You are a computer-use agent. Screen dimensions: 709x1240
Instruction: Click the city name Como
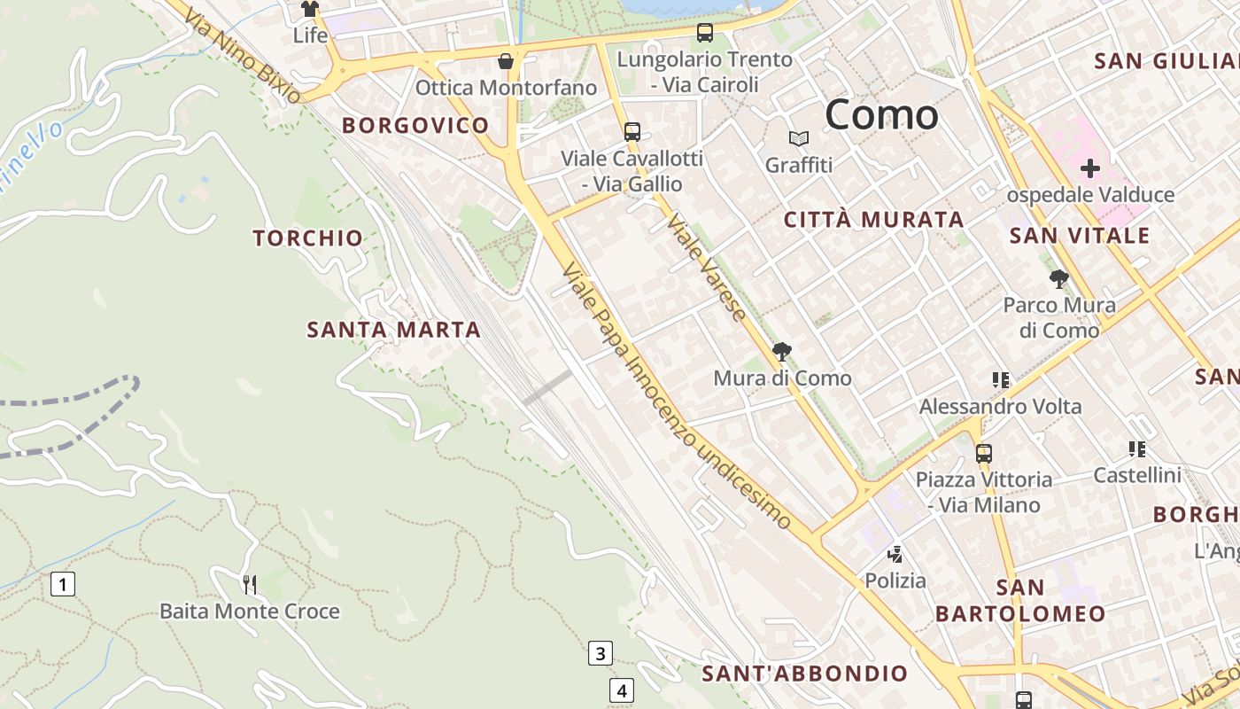[x=881, y=115]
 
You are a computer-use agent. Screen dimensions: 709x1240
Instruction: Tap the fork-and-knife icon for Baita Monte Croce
[x=250, y=584]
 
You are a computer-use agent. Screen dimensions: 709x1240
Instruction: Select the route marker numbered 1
[x=63, y=584]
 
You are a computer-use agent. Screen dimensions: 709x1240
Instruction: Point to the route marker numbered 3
[x=601, y=654]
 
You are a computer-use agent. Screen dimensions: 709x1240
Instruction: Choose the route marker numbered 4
[x=622, y=690]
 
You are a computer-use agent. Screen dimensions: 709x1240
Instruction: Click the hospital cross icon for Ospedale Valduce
[x=1090, y=168]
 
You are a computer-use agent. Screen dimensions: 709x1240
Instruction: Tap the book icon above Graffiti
[x=799, y=139]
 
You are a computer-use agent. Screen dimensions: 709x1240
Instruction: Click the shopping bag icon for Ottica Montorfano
[x=506, y=61]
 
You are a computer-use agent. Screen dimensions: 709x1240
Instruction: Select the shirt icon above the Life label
[x=309, y=10]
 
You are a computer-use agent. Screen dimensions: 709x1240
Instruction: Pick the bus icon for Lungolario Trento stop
[x=705, y=33]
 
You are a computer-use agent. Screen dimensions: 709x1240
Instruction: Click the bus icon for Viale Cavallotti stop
[x=632, y=132]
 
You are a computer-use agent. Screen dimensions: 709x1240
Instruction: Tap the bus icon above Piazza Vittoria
[x=984, y=454]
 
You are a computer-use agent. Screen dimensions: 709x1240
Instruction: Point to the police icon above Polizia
[x=895, y=555]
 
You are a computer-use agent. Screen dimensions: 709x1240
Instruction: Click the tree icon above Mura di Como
[x=782, y=352]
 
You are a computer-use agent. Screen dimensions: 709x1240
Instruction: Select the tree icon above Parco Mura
[x=1058, y=279]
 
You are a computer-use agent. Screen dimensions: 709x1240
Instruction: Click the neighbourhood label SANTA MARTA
[x=393, y=330]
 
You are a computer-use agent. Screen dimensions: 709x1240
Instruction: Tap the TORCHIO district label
[x=308, y=238]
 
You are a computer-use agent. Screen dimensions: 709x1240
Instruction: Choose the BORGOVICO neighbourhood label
[x=415, y=125]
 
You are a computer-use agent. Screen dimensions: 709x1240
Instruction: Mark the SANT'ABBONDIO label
[x=805, y=674]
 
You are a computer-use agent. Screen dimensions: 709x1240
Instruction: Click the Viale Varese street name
[x=707, y=266]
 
